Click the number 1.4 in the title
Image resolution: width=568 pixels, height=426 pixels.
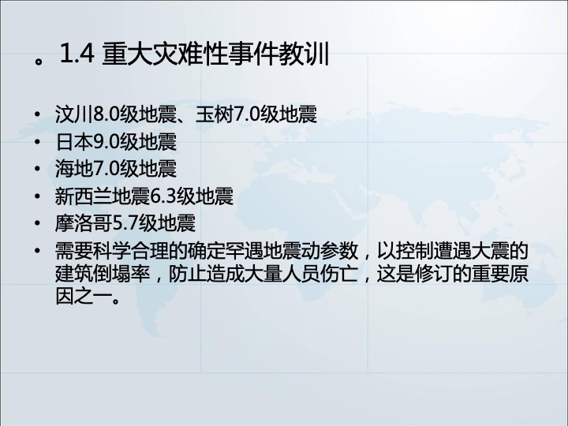coord(77,54)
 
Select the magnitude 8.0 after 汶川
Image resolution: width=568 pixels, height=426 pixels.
coord(106,114)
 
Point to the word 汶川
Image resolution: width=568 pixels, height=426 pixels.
coord(74,114)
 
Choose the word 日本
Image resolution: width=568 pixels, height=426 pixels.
coord(74,142)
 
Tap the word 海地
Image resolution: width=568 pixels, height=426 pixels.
coord(74,169)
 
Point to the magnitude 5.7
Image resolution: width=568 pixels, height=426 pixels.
coord(125,223)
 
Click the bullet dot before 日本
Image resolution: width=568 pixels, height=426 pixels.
coord(37,142)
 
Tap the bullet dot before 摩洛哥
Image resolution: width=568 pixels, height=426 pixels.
coord(37,223)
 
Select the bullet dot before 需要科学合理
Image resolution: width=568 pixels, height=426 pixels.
coord(37,251)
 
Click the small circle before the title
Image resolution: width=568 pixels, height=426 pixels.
coord(39,61)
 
